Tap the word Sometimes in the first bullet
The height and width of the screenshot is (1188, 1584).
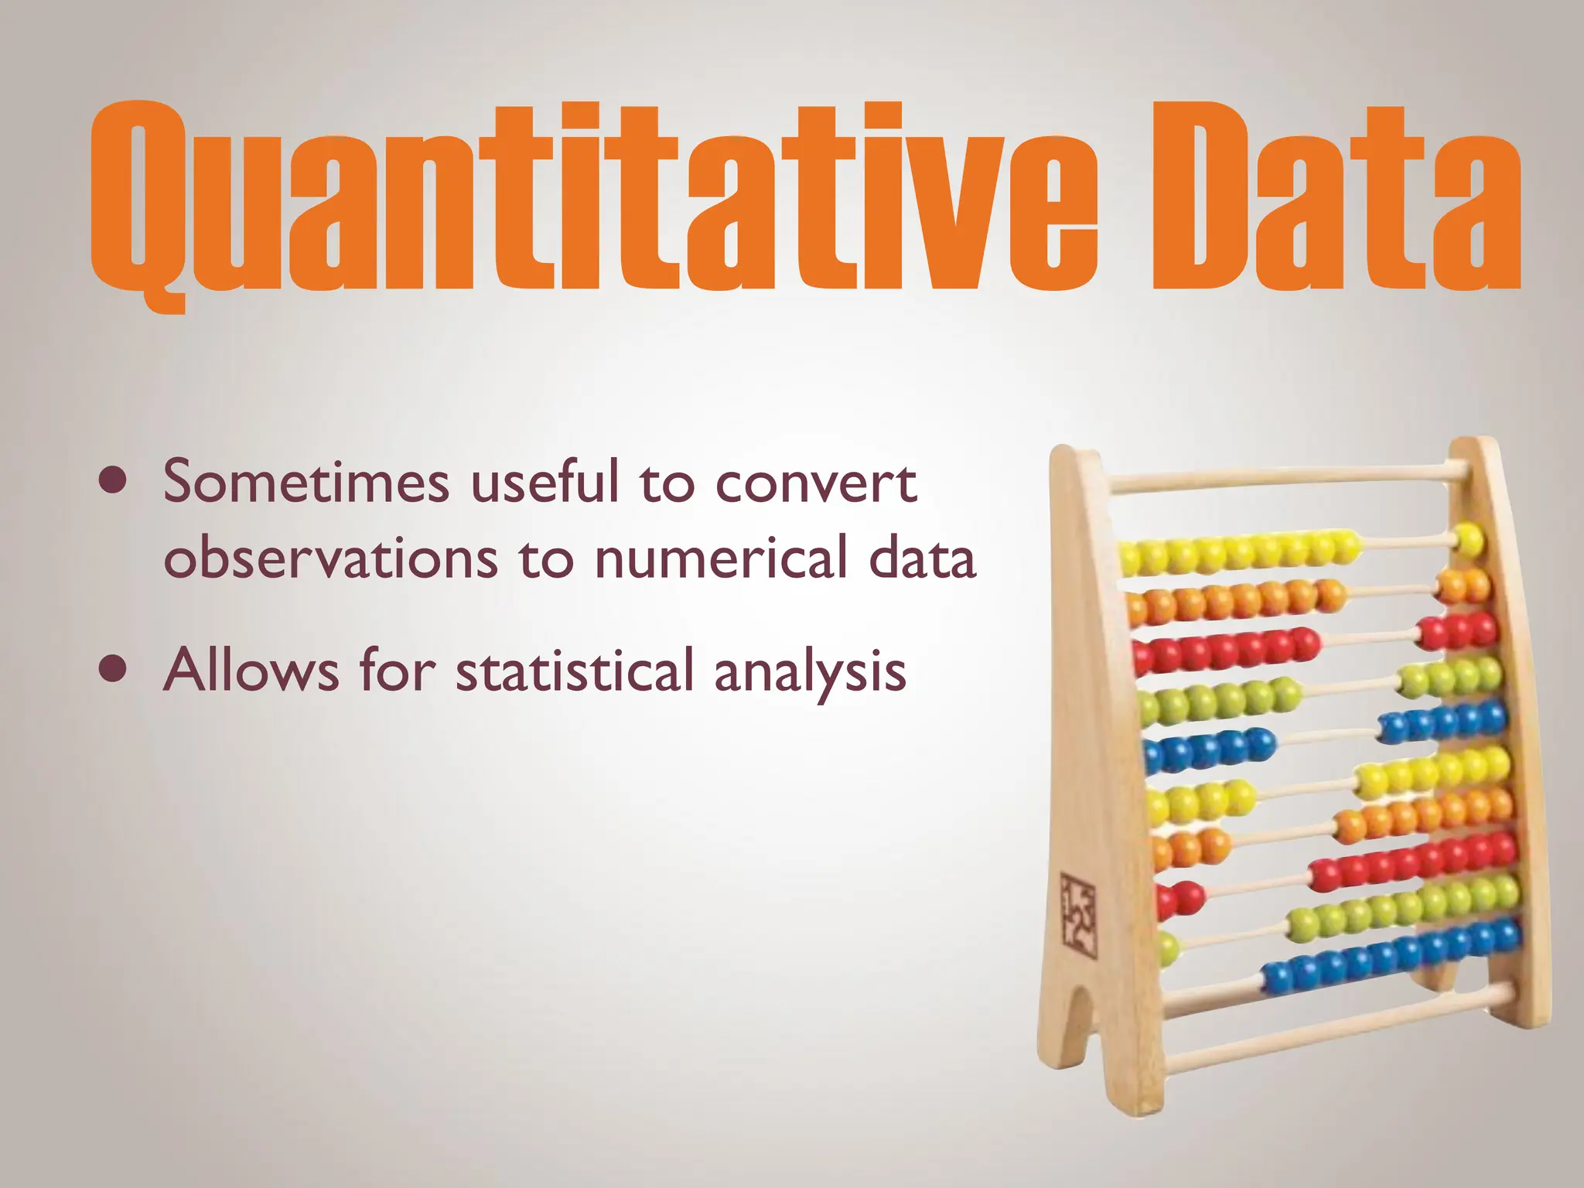coord(306,481)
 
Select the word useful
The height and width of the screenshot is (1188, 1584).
coord(545,481)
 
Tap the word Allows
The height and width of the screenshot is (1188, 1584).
coord(251,670)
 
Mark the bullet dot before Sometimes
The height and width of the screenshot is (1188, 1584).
coord(114,481)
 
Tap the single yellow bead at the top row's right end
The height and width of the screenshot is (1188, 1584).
coord(1469,540)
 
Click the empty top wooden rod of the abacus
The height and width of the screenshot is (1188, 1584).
coord(1284,477)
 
